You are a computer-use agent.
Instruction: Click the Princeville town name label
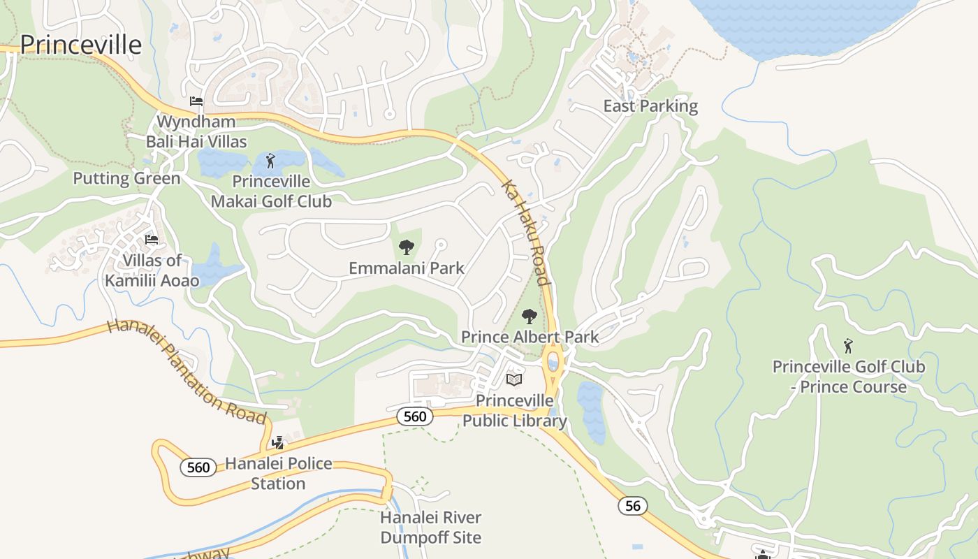pos(80,45)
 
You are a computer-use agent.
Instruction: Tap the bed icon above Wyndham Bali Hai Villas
pos(196,101)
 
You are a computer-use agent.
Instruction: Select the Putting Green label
pos(126,178)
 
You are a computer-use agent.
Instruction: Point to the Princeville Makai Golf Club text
pos(271,191)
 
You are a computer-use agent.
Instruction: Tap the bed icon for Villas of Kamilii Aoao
pos(151,240)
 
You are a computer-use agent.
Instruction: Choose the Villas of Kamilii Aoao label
pos(152,270)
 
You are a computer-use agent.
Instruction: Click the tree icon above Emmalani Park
pos(406,247)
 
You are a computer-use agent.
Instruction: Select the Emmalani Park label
pos(406,268)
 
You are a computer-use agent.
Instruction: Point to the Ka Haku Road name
pos(525,233)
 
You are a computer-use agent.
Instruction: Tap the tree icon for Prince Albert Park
pos(530,317)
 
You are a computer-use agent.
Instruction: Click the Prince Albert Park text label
pos(530,337)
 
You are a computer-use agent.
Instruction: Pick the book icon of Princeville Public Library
pos(514,379)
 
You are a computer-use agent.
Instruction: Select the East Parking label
pos(650,106)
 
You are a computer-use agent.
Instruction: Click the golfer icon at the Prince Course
pos(848,346)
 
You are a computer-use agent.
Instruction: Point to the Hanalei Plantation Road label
pos(187,371)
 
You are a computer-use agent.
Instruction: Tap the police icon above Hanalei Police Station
pos(278,442)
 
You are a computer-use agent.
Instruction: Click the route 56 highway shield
pos(632,506)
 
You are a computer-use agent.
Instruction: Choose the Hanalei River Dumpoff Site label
pos(430,528)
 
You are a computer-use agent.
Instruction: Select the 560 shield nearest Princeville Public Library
pos(414,416)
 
